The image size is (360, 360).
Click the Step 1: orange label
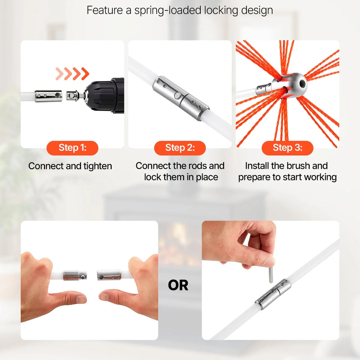point(72,148)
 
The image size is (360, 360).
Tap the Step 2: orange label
point(180,148)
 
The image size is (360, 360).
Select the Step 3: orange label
point(288,148)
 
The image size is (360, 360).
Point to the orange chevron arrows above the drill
point(72,74)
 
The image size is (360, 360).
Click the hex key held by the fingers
point(271,274)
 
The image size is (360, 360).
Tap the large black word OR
point(178,285)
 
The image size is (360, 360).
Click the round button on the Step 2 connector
point(177,95)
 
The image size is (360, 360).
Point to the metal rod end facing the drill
point(48,96)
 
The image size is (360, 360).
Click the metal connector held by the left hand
point(75,275)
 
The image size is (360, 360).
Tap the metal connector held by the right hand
point(109,275)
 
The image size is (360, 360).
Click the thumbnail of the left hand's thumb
point(81,299)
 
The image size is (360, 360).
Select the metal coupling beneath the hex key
point(273,294)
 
